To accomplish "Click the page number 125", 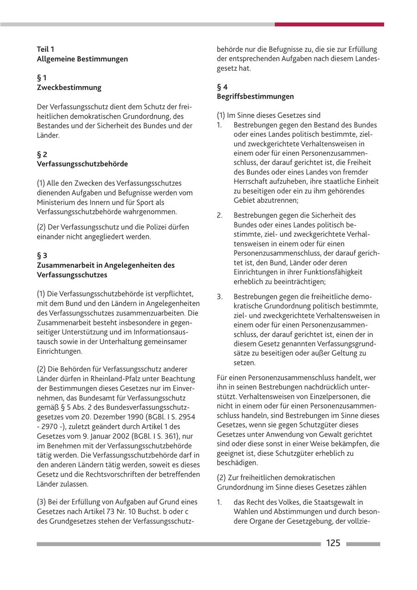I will (x=333, y=543).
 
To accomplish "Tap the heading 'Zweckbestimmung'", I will (x=69, y=88).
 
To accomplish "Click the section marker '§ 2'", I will (x=42, y=154).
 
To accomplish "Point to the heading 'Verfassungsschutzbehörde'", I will (x=82, y=164).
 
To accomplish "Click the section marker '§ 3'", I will (x=42, y=255).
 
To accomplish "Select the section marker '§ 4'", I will (x=222, y=87).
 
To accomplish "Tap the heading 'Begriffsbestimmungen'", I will (x=255, y=96).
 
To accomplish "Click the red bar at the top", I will (x=329, y=24).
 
